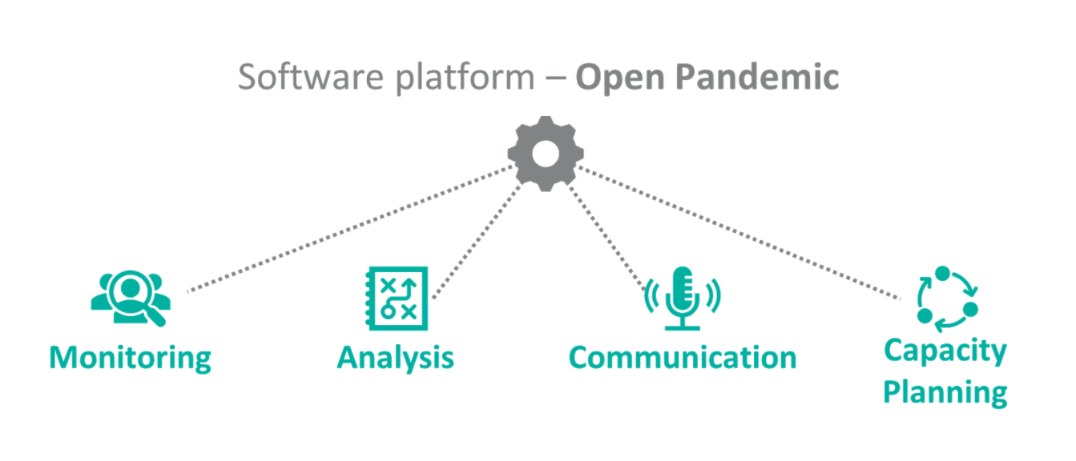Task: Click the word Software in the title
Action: tap(311, 77)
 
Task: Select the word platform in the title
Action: tap(465, 78)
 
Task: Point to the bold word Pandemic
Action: tap(757, 77)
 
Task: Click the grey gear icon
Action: tap(546, 154)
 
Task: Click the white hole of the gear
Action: tap(546, 154)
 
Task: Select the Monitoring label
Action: tap(130, 358)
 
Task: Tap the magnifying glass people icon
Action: tap(131, 299)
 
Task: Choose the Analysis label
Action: tap(395, 358)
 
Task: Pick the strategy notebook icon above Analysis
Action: tap(397, 299)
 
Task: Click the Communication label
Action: tap(683, 358)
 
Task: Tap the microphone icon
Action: tap(682, 299)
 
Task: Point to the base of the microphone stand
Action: tap(682, 327)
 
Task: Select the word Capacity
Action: tap(945, 351)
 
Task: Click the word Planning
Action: tap(945, 393)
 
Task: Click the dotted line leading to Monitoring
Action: tap(351, 228)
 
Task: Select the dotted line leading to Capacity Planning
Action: tap(739, 233)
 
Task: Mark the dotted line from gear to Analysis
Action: tap(478, 240)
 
